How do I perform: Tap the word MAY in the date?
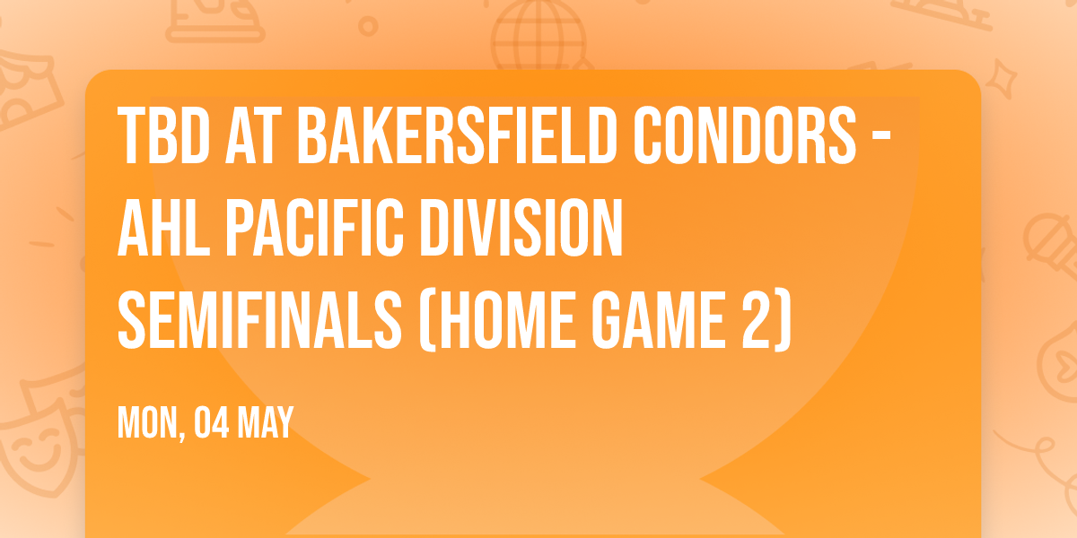267,423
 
